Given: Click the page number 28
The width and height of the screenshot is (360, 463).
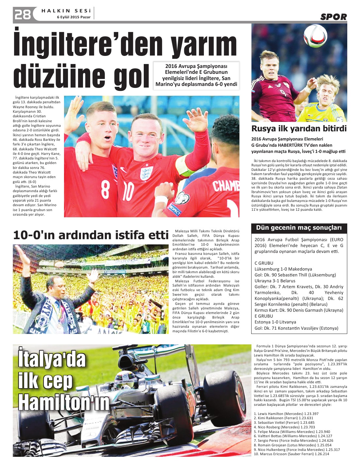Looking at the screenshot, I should pos(23,14).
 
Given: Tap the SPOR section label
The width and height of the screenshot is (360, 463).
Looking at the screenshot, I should pos(333,17).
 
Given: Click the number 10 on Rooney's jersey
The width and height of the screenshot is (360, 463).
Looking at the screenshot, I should pos(128,191).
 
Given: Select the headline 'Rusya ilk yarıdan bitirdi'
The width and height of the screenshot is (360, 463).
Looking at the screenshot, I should pos(299,128).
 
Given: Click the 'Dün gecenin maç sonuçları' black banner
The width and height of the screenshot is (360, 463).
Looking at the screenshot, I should pos(299,228).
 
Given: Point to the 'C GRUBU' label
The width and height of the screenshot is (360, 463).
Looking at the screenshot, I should pos(264,263).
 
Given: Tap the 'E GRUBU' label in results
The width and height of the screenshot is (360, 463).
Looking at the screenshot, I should pos(264,316).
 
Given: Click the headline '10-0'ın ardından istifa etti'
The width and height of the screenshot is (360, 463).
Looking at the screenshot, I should pos(90,235).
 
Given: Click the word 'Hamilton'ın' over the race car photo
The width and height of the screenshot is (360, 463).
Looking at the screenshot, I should pos(64,402).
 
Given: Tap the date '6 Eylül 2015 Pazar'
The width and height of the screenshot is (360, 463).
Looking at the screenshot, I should pos(74,17).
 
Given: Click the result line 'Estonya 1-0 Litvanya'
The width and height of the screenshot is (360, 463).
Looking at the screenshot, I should pos(275,322).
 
